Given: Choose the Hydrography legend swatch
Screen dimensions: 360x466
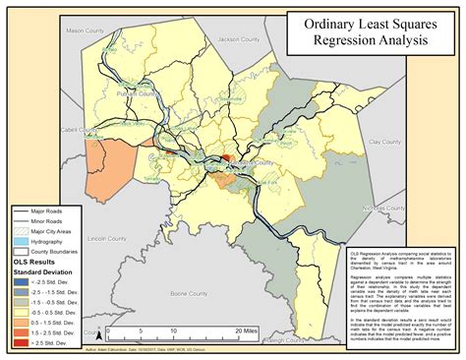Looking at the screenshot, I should pyautogui.click(x=27, y=241).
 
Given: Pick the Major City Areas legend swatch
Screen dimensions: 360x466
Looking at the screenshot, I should pyautogui.click(x=27, y=231).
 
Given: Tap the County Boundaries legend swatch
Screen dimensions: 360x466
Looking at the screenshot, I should pyautogui.click(x=27, y=251).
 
